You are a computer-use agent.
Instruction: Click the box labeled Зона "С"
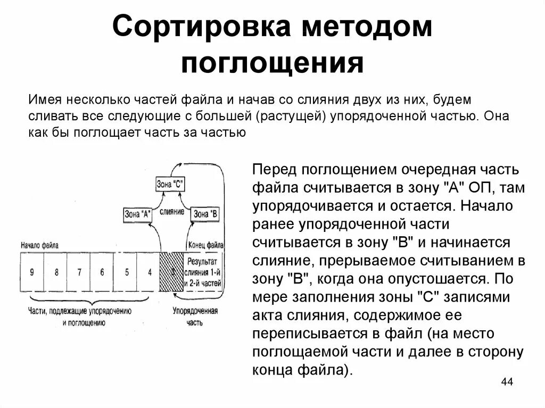pos(170,185)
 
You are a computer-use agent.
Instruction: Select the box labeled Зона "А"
pos(137,214)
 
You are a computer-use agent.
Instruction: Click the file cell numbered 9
pos(32,272)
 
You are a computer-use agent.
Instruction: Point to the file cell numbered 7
pos(79,272)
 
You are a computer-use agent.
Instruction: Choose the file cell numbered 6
pos(102,272)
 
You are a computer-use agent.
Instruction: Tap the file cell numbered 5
pos(126,272)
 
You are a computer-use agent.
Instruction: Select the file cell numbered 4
pos(150,272)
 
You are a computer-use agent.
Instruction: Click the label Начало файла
pos(39,245)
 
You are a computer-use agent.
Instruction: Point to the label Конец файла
pos(205,245)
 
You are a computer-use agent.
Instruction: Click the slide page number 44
pos(507,383)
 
